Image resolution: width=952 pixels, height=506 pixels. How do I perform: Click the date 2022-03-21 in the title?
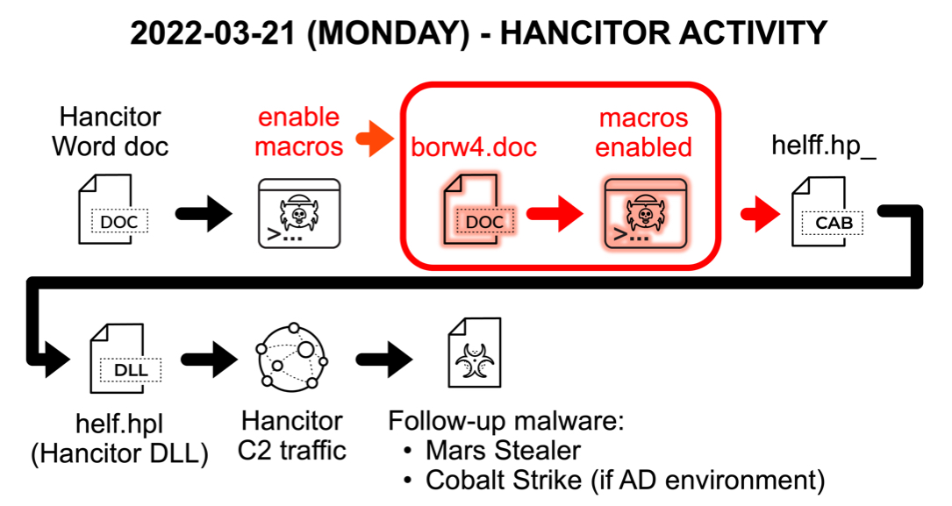[x=212, y=32]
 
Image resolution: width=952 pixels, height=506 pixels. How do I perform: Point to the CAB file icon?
[x=827, y=211]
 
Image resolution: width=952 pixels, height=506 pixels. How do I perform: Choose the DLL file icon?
[x=125, y=359]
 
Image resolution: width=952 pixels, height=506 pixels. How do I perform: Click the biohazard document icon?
[x=475, y=353]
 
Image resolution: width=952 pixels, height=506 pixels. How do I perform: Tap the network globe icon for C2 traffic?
[x=292, y=356]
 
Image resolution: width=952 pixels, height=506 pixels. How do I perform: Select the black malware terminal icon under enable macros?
[x=299, y=213]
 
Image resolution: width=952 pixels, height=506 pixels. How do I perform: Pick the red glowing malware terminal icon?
[x=646, y=213]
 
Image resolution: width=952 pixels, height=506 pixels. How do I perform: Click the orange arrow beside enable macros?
[x=375, y=139]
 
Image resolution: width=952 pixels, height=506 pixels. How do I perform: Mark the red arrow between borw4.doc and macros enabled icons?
[x=555, y=213]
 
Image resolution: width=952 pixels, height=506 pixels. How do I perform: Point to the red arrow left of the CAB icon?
[x=760, y=214]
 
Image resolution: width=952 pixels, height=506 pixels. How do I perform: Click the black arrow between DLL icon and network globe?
[x=210, y=360]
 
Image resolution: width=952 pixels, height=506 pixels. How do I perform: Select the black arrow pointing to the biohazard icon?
[x=384, y=360]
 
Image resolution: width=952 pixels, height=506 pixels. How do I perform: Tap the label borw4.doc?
[x=474, y=147]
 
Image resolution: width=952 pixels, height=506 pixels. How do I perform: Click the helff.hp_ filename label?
[x=824, y=146]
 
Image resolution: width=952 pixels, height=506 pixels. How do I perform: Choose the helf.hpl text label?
[x=119, y=424]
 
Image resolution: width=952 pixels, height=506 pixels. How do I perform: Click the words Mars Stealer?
[x=503, y=451]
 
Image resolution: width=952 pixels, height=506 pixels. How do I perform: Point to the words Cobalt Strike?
[x=504, y=481]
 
